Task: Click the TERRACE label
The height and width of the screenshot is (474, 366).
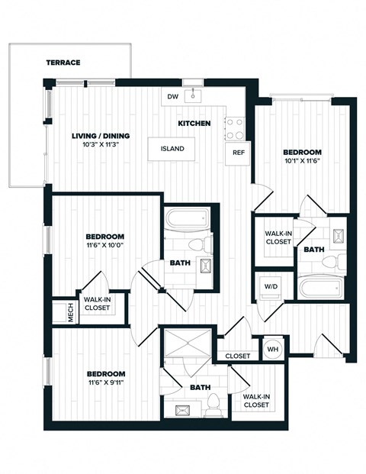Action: pyautogui.click(x=63, y=62)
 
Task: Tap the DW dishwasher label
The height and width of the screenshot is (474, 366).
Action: pyautogui.click(x=173, y=96)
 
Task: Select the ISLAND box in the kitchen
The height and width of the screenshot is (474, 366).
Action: pyautogui.click(x=172, y=149)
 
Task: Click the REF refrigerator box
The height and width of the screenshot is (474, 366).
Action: pyautogui.click(x=238, y=152)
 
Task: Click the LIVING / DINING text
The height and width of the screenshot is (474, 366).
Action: pyautogui.click(x=101, y=136)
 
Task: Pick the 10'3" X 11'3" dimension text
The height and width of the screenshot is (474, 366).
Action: pyautogui.click(x=101, y=145)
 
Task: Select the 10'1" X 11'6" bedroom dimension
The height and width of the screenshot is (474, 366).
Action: pyautogui.click(x=303, y=161)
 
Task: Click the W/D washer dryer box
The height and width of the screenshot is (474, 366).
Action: pyautogui.click(x=271, y=287)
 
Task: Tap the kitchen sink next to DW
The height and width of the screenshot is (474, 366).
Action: pyautogui.click(x=194, y=95)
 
